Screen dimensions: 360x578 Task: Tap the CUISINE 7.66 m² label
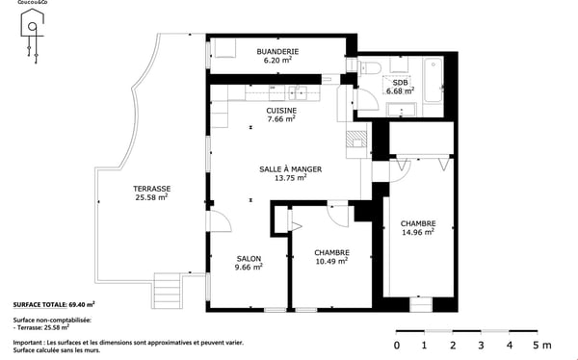pos(281,115)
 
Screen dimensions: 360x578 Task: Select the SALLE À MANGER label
pos(290,173)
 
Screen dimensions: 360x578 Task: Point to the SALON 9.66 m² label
pos(249,263)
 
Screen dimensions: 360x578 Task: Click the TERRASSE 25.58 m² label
pos(151,193)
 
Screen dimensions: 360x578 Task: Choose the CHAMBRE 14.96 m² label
pos(418,227)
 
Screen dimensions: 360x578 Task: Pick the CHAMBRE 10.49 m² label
pos(331,258)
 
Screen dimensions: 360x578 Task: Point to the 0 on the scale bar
pos(397,345)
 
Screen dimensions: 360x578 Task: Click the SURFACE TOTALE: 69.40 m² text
pos(54,304)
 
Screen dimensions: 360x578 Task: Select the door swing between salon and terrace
pos(219,221)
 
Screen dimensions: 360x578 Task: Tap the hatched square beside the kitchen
pos(356,138)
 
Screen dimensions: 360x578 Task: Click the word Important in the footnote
pos(30,343)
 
